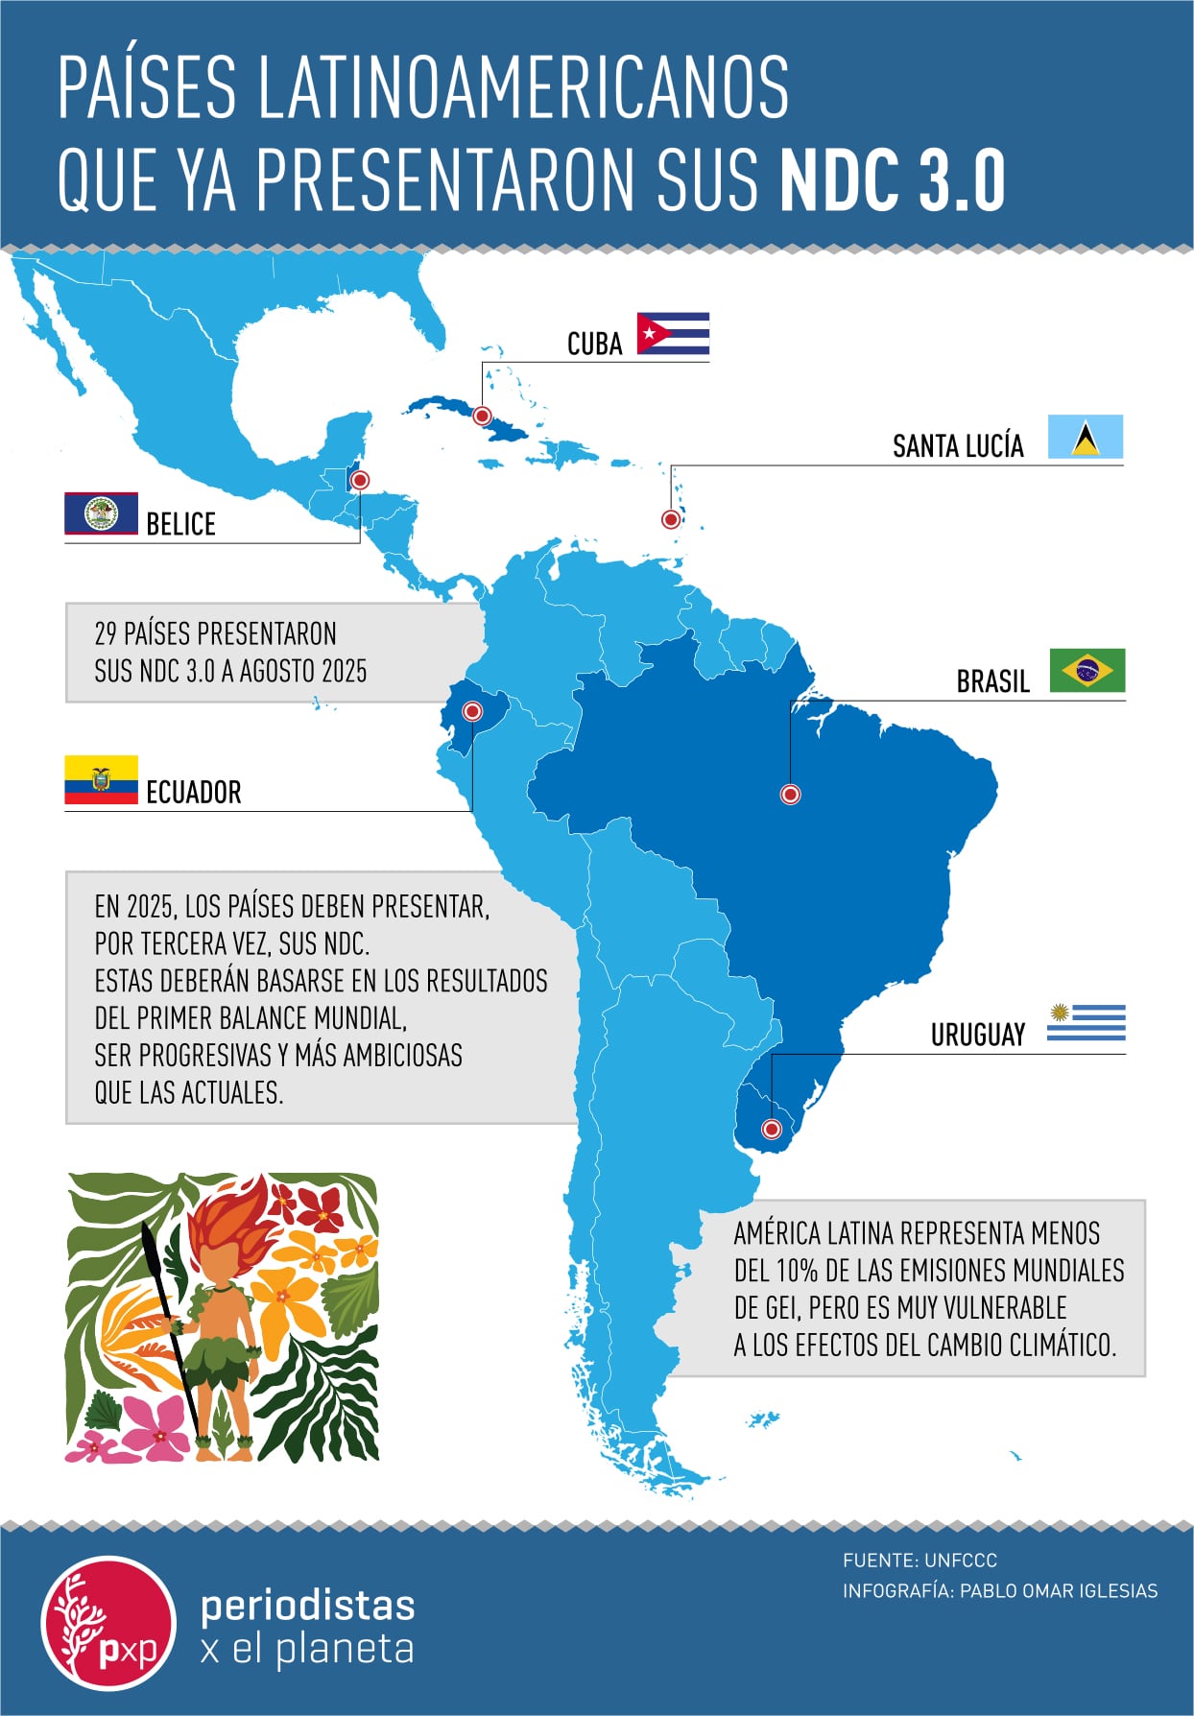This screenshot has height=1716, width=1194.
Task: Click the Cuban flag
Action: click(673, 334)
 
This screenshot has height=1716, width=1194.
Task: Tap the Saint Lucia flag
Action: click(1085, 437)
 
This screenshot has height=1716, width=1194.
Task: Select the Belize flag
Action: click(101, 513)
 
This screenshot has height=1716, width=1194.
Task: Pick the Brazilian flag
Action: click(1087, 670)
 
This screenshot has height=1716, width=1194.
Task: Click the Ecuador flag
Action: click(101, 779)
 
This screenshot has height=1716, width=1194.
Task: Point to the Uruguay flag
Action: click(1086, 1023)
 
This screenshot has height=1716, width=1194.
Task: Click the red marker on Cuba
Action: click(483, 416)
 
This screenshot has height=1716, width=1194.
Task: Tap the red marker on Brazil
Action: click(790, 794)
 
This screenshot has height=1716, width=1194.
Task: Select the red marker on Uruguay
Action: click(771, 1129)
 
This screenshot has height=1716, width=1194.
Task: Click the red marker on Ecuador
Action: click(472, 711)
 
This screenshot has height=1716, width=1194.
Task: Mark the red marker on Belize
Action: click(360, 479)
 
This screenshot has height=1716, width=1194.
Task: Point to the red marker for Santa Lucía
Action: click(671, 519)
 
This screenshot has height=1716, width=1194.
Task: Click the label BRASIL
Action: click(992, 681)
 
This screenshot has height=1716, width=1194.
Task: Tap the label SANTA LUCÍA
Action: click(958, 446)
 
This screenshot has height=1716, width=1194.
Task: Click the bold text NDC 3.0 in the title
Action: click(893, 179)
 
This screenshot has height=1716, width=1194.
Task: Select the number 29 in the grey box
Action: click(106, 633)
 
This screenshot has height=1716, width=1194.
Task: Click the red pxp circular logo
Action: click(108, 1623)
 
